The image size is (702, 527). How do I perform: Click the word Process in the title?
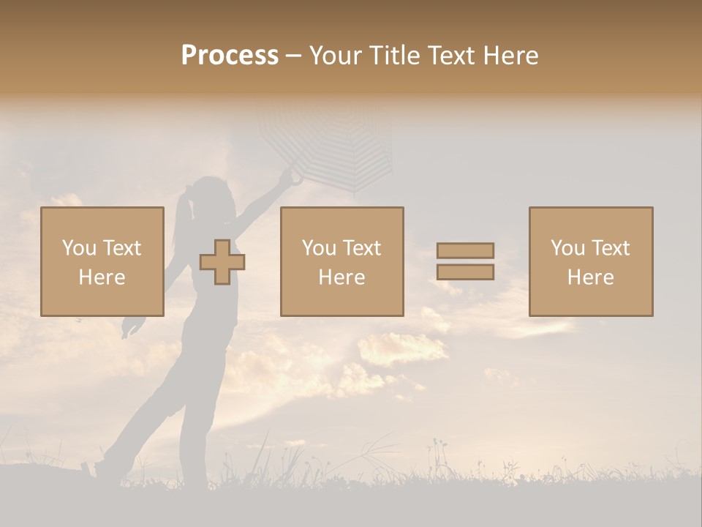point(230,56)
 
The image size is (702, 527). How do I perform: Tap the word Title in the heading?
point(396,56)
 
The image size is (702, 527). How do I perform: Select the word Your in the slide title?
point(336,56)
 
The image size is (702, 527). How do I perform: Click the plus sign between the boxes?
point(222,262)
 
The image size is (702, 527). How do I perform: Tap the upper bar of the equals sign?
point(465,250)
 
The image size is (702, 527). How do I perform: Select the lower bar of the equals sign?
point(465,272)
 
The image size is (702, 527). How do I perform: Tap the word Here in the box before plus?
point(102,277)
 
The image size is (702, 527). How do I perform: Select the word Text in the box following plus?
point(362,248)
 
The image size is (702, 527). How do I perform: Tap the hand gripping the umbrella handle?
point(295,176)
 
